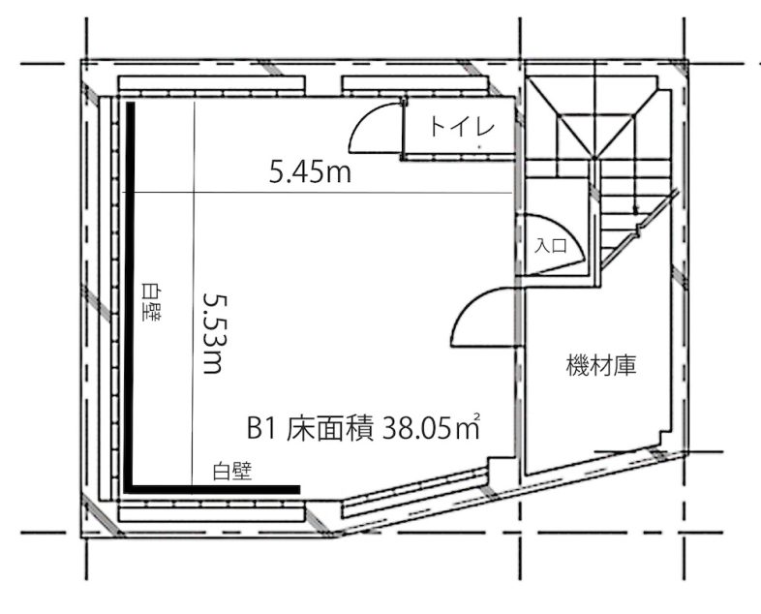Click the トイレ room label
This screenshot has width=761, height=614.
[463, 127]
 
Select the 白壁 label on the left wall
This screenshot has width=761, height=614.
[151, 301]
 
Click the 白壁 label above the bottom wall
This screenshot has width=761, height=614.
[232, 471]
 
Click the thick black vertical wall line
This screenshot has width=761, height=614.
[128, 291]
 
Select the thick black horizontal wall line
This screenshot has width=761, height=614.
[213, 488]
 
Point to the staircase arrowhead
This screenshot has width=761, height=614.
[635, 209]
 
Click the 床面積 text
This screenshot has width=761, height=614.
[328, 427]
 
